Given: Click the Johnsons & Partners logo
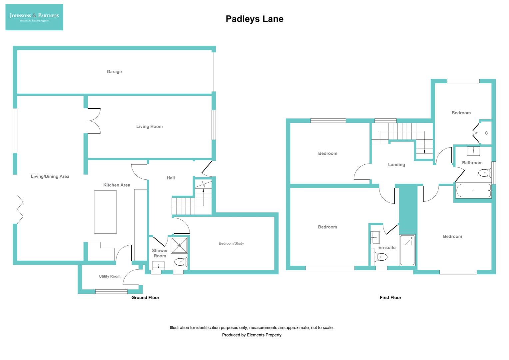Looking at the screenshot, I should pos(34,17).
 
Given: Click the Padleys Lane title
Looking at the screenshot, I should pos(254,19).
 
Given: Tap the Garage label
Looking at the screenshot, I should pos(114,72).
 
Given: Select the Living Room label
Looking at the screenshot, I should pos(150,127).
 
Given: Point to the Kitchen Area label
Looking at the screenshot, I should pos(117,185).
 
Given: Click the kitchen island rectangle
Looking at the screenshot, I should pos(105,212).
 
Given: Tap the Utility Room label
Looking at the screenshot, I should pos(110,276).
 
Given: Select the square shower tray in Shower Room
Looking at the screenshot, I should pos(179,245).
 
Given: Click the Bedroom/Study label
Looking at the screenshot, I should pos(231,243).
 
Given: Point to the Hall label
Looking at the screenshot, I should pos(171,178).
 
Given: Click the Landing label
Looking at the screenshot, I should pos(396,165).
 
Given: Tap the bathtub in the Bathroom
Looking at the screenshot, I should pos(473,191).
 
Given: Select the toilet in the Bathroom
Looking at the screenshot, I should pos(484,173).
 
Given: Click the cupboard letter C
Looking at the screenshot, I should pos(486,133).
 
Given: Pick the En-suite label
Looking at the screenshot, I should pos(387,248).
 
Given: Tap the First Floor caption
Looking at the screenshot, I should pos(390,298).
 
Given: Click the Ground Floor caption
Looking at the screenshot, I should pos(145,298).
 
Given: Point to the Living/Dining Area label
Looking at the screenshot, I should pos(50,177).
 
